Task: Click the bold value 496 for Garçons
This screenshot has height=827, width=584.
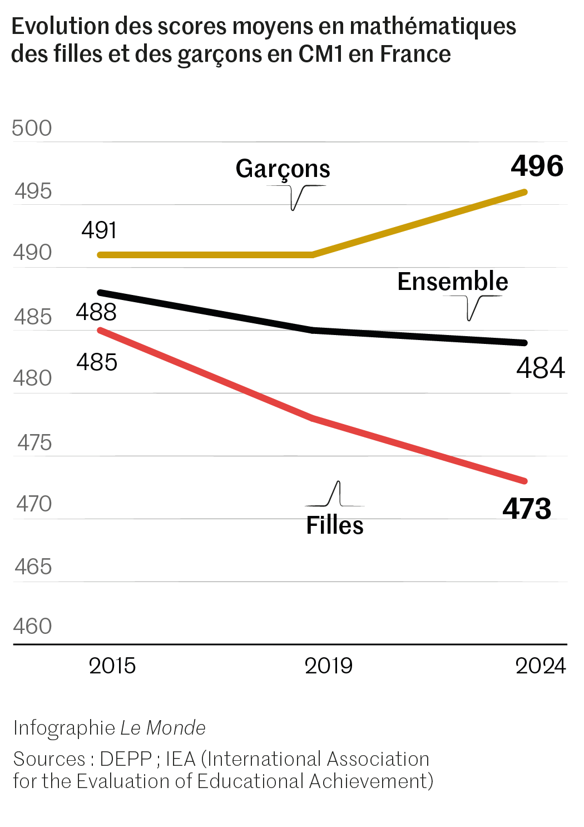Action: point(537,166)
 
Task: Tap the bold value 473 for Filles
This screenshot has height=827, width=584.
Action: point(527,509)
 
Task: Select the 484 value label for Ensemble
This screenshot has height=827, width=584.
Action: point(540,368)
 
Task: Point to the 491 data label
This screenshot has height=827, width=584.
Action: point(99,230)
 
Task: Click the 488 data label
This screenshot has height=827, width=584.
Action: point(96,312)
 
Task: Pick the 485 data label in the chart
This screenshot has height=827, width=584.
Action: point(97,362)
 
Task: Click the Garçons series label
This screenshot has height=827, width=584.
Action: point(283,169)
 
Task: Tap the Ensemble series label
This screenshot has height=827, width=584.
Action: point(452,282)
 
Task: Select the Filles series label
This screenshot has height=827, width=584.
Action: point(335,525)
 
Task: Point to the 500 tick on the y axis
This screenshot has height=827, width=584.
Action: point(32,128)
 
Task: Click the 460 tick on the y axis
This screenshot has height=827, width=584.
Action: point(32,626)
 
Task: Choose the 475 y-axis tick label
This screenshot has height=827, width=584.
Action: point(34,442)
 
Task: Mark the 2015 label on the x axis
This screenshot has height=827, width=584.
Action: point(112,666)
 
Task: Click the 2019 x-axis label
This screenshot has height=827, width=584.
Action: point(328,666)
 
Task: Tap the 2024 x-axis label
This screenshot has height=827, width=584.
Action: point(540,666)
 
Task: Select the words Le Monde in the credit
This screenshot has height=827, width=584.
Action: point(163,728)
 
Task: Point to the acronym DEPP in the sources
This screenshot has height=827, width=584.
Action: point(126,759)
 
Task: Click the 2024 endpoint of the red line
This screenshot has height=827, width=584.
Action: point(524,481)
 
